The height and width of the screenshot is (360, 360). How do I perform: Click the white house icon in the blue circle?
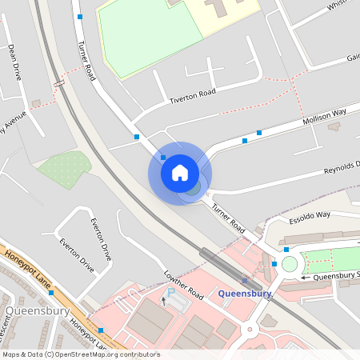pyautogui.click(x=179, y=173)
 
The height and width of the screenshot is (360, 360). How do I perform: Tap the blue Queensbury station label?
pyautogui.click(x=245, y=293)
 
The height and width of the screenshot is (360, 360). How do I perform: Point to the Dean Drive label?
pyautogui.click(x=14, y=62)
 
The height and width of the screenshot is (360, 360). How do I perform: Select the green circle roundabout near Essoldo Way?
pyautogui.click(x=289, y=264)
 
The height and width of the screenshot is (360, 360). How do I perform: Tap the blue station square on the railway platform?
pyautogui.click(x=244, y=281)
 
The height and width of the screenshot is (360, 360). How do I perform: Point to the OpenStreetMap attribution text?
pyautogui.click(x=80, y=354)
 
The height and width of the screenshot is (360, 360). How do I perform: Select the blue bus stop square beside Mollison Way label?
pyautogui.click(x=259, y=132)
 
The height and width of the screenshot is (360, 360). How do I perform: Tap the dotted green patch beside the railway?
pyautogui.click(x=64, y=169)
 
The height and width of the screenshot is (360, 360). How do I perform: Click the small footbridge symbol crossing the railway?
pyautogui.click(x=58, y=83)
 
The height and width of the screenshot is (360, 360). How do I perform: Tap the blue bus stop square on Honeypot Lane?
pyautogui.click(x=101, y=330)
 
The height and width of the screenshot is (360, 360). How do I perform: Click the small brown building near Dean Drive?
pyautogui.click(x=36, y=103)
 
